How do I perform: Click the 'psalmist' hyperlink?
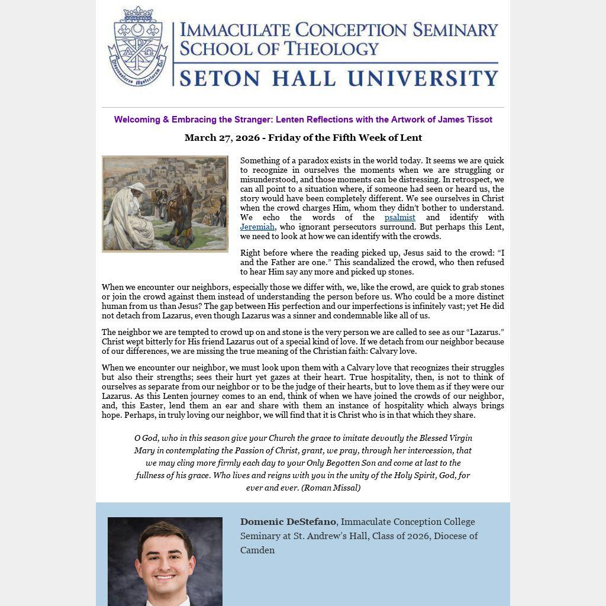pos(399,217)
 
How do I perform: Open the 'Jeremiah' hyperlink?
pos(257,227)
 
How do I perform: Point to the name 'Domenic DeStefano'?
pos(288,522)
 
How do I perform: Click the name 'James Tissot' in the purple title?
pos(465,120)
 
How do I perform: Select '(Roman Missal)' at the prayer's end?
pos(331,488)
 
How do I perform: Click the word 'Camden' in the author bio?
pos(257,550)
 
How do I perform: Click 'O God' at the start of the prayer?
pos(146,438)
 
